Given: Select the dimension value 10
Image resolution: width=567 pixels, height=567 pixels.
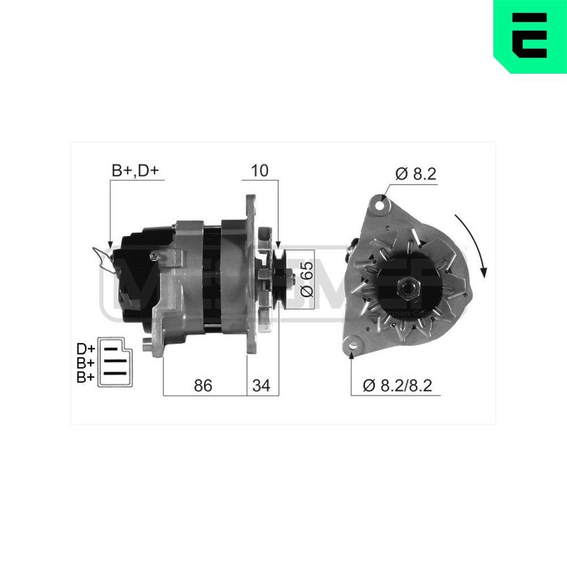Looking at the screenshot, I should (260, 171).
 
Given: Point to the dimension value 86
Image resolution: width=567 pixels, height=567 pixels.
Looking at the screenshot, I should (202, 386).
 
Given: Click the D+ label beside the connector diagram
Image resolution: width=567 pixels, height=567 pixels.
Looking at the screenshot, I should (86, 348).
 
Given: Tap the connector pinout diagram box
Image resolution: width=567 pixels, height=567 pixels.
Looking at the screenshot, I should (117, 363).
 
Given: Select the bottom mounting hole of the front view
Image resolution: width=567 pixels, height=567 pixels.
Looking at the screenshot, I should (353, 344).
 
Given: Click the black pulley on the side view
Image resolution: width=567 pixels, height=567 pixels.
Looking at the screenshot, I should (280, 278).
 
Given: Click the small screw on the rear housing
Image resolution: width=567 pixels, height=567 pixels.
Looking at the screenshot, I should (154, 257).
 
